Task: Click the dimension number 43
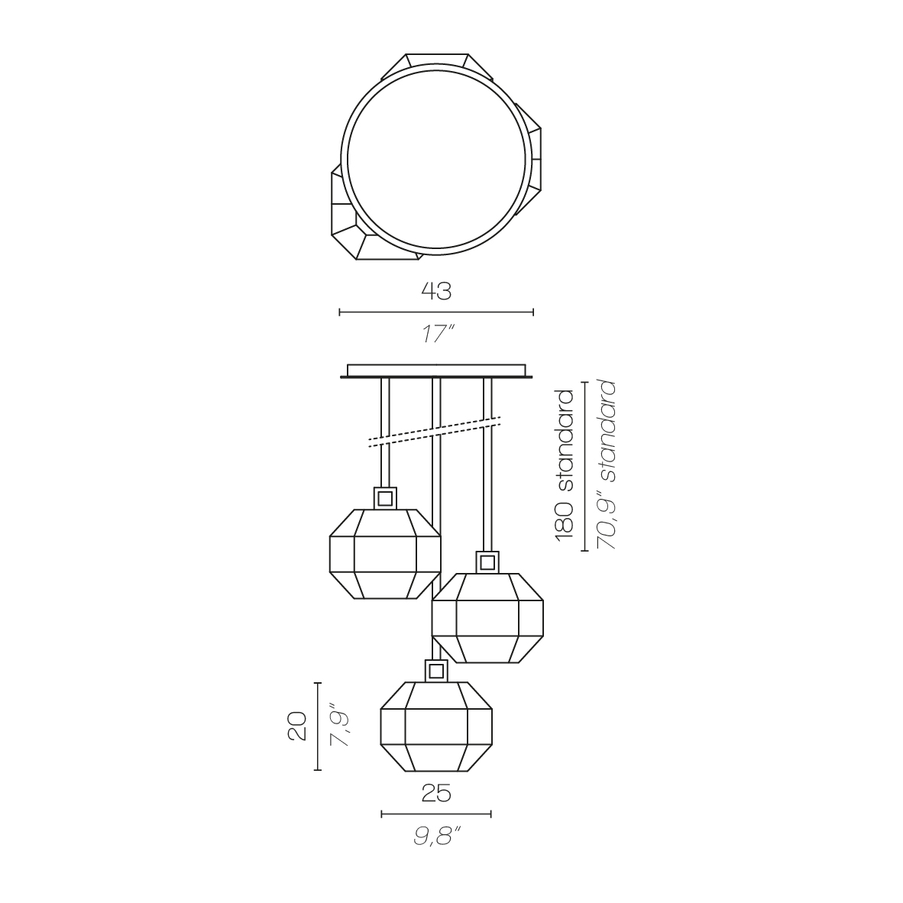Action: pos(436,291)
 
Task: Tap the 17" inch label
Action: pos(437,334)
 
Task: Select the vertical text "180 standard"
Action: pos(565,465)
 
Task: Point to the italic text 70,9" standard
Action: pos(607,464)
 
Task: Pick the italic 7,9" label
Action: pos(341,729)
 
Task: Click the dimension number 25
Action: pos(436,794)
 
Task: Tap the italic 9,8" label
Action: pos(438,837)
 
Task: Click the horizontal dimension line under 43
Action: pos(436,312)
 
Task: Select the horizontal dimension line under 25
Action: pos(436,814)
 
